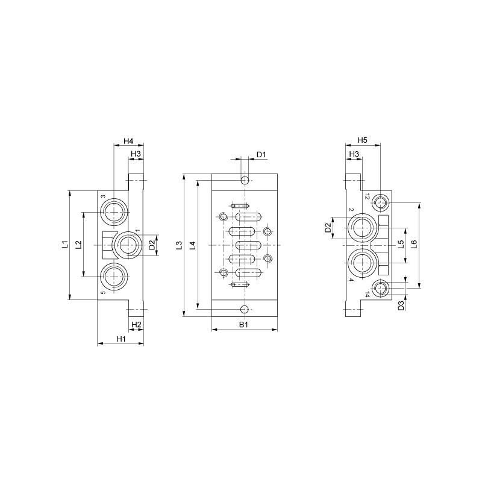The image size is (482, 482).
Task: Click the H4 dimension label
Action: click(x=128, y=141)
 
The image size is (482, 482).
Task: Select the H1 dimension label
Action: click(x=120, y=339)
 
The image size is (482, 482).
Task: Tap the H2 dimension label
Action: click(x=136, y=325)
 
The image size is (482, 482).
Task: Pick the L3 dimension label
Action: click(x=178, y=245)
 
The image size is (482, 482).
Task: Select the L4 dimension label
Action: click(x=192, y=245)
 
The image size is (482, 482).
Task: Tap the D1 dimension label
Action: click(x=261, y=155)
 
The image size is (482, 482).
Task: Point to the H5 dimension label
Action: click(x=362, y=140)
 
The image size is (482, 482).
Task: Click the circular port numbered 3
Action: click(x=113, y=211)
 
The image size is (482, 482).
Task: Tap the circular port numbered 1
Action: click(x=128, y=244)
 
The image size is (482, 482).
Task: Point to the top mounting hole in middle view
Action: click(x=244, y=181)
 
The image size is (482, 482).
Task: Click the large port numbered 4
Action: click(x=363, y=262)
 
